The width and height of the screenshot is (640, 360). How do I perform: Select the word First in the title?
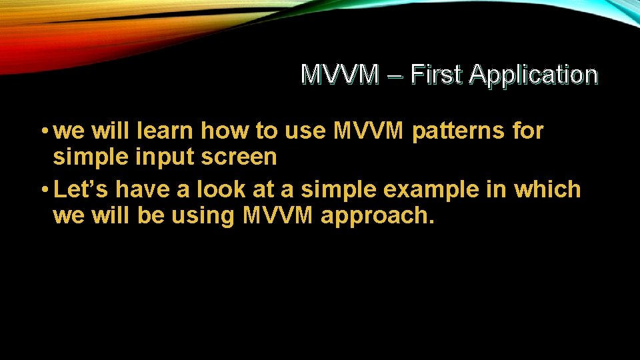coord(437,74)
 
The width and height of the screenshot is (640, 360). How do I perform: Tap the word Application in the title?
coord(533,75)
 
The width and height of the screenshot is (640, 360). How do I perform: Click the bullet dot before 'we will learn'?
coord(43,132)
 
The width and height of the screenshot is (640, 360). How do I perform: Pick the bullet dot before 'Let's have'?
coord(43,190)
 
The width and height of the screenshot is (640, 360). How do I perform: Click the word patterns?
coord(459,131)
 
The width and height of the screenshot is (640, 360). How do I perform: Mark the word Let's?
coord(82,189)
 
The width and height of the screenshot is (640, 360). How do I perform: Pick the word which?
coord(547,189)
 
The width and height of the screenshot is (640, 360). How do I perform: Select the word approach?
coord(377,217)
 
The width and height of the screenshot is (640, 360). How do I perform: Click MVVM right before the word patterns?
coord(368,131)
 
